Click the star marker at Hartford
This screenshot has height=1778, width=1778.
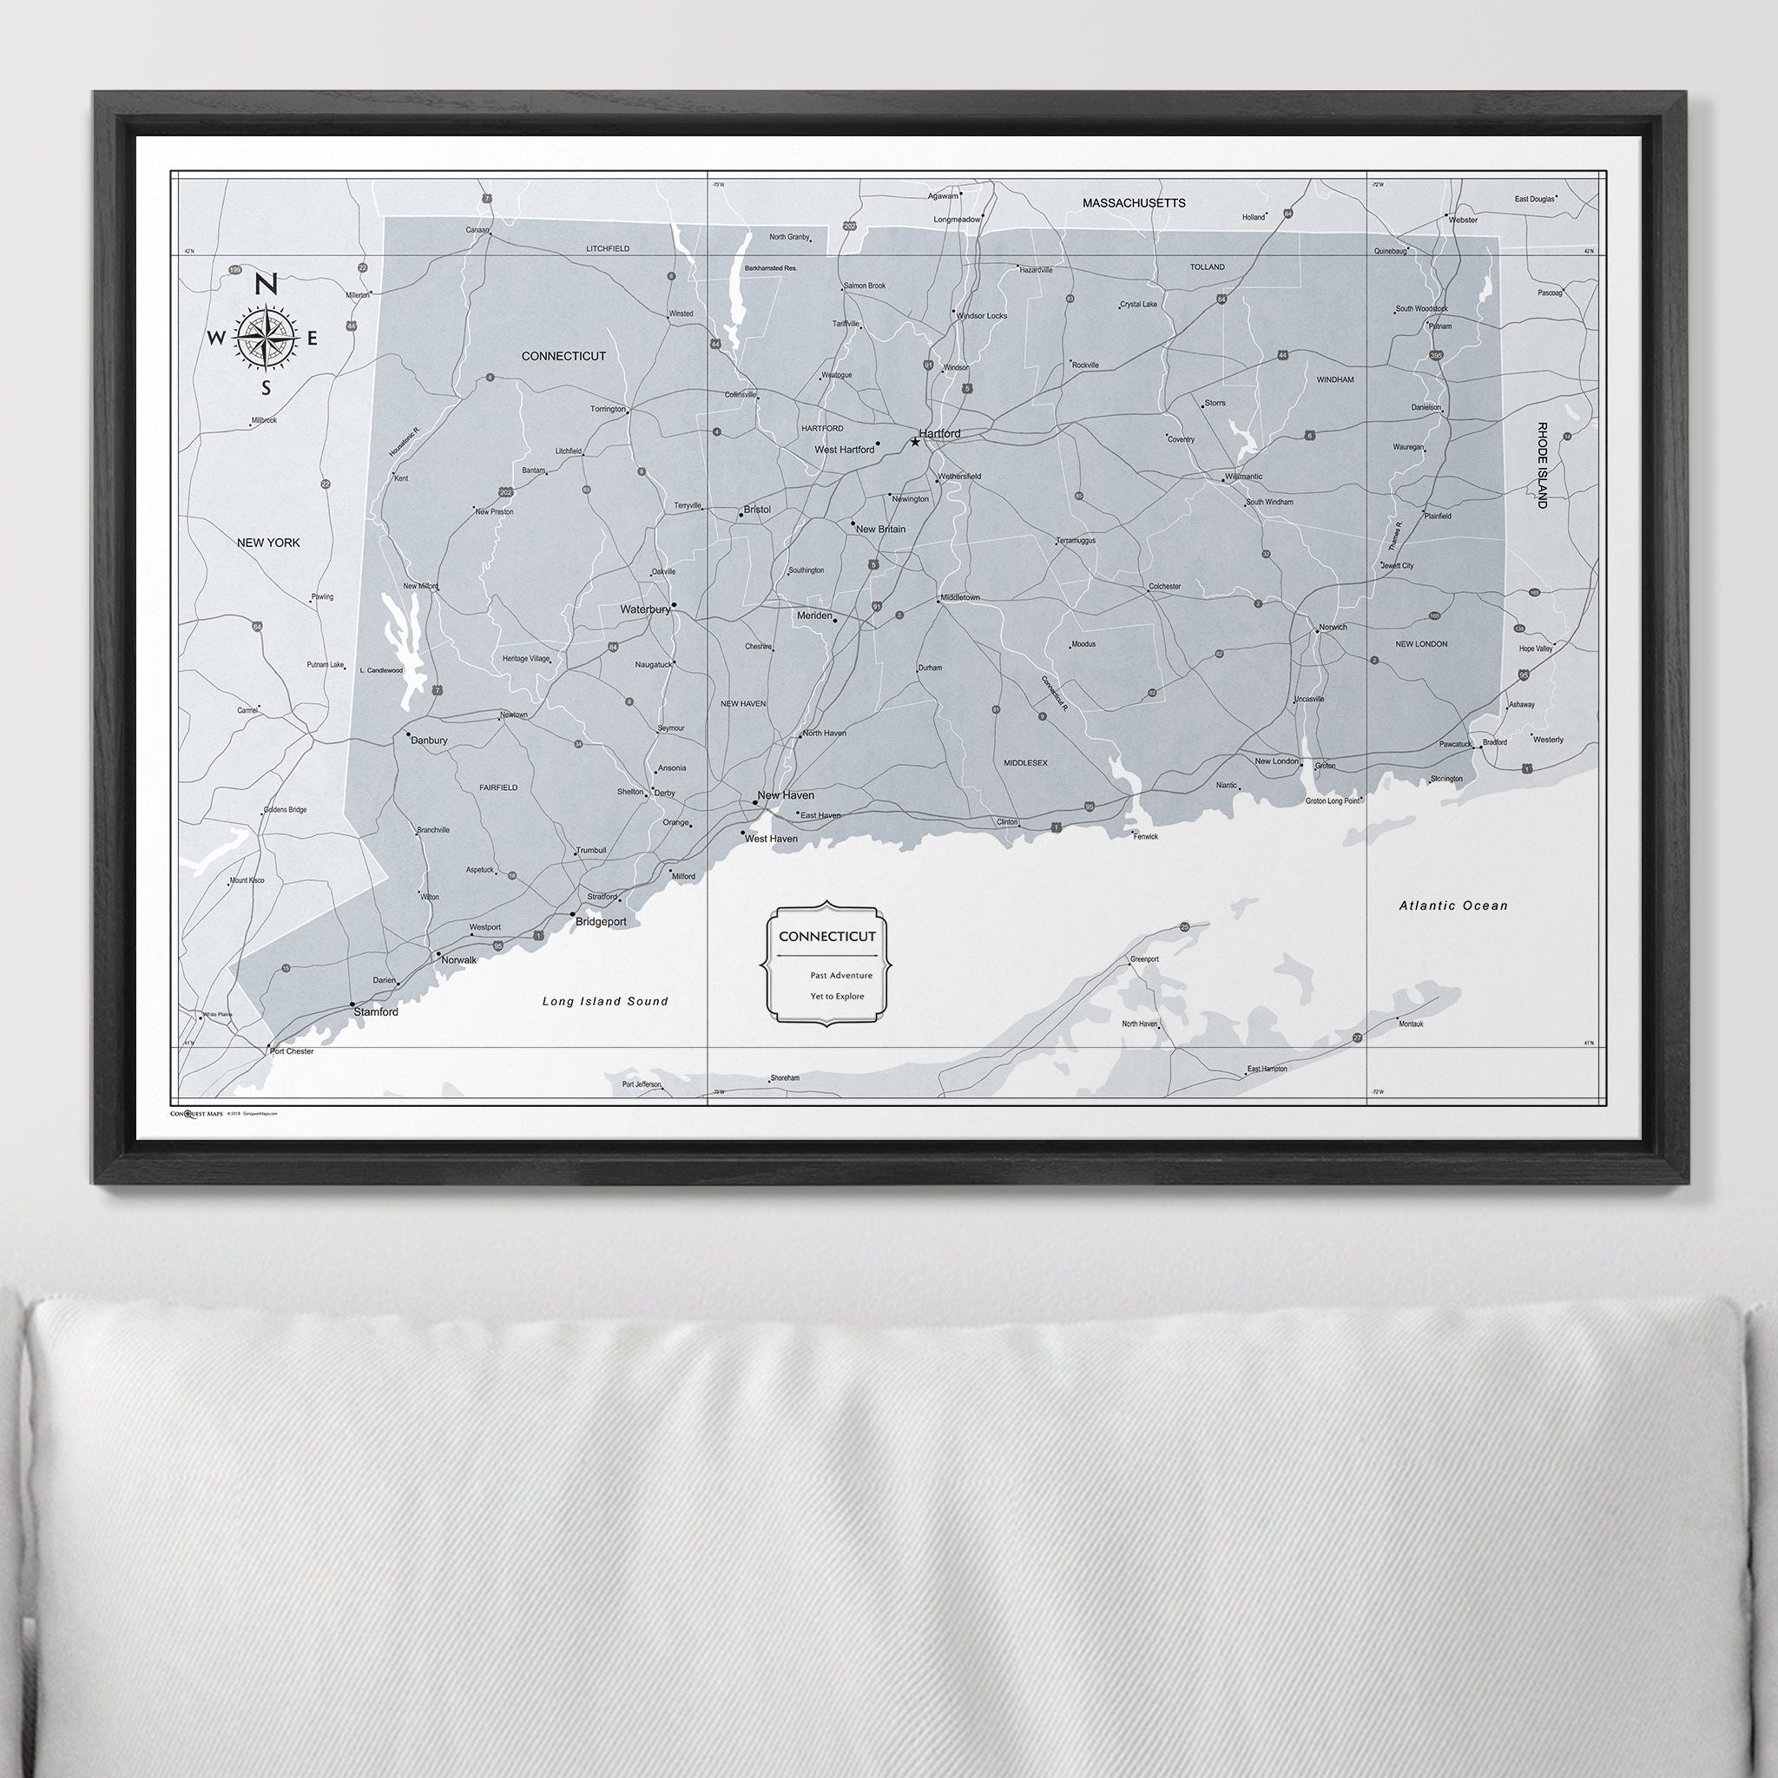point(915,443)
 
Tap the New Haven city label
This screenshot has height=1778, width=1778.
point(785,795)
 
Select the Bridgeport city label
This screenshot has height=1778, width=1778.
point(600,921)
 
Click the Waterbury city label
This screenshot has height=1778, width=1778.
point(644,609)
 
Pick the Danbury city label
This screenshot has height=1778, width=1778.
point(429,740)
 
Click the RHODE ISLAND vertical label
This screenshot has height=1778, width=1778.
point(1542,464)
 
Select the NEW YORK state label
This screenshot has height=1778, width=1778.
point(269,543)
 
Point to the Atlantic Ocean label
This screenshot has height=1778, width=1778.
point(1454,905)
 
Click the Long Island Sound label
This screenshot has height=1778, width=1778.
point(604,1001)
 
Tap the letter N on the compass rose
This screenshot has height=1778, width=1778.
point(266,286)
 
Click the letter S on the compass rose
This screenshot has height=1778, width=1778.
point(267,387)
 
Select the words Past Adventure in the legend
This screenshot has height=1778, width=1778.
point(841,975)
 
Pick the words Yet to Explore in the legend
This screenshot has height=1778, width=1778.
point(838,996)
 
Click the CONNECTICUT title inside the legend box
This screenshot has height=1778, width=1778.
point(826,937)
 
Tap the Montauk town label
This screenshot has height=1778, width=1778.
point(1411,1024)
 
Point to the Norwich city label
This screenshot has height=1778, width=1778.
point(1333,628)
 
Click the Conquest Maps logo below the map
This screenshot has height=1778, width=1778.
point(197,1113)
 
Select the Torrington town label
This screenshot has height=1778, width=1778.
point(608,409)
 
